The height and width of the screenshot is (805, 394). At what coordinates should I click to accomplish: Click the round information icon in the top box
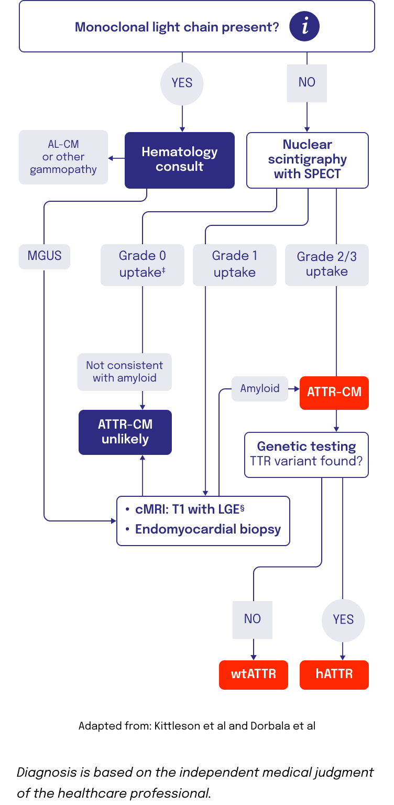tap(304, 27)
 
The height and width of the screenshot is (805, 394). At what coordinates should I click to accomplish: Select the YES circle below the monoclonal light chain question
tap(182, 83)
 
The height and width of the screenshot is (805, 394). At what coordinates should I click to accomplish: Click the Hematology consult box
tap(179, 160)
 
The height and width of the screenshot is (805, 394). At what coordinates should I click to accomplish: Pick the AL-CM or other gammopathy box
tap(63, 157)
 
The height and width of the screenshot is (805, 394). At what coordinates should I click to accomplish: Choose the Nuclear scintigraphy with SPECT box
tap(308, 160)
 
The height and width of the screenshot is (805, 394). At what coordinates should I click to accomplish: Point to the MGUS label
tap(45, 256)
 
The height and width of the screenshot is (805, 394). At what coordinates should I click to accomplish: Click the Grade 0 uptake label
tap(143, 264)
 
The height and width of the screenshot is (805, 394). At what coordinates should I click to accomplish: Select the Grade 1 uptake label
tap(234, 264)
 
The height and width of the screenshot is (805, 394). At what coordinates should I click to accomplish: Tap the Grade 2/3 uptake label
tap(326, 264)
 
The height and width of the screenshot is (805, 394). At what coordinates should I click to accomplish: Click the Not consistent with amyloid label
tap(125, 372)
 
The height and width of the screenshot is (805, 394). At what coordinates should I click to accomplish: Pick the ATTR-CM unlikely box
tap(125, 432)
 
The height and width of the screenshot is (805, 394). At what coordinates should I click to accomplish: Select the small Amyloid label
tap(260, 389)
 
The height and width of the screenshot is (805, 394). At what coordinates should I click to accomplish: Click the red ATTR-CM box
tap(334, 393)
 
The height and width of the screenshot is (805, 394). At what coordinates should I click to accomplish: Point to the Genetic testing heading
tap(307, 447)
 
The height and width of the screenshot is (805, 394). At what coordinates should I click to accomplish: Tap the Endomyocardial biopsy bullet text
tap(208, 529)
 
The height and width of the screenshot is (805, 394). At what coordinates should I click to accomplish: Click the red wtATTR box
tap(254, 675)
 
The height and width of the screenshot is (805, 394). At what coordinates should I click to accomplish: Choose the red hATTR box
tap(334, 675)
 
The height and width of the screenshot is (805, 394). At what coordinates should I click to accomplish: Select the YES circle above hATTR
tap(343, 620)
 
